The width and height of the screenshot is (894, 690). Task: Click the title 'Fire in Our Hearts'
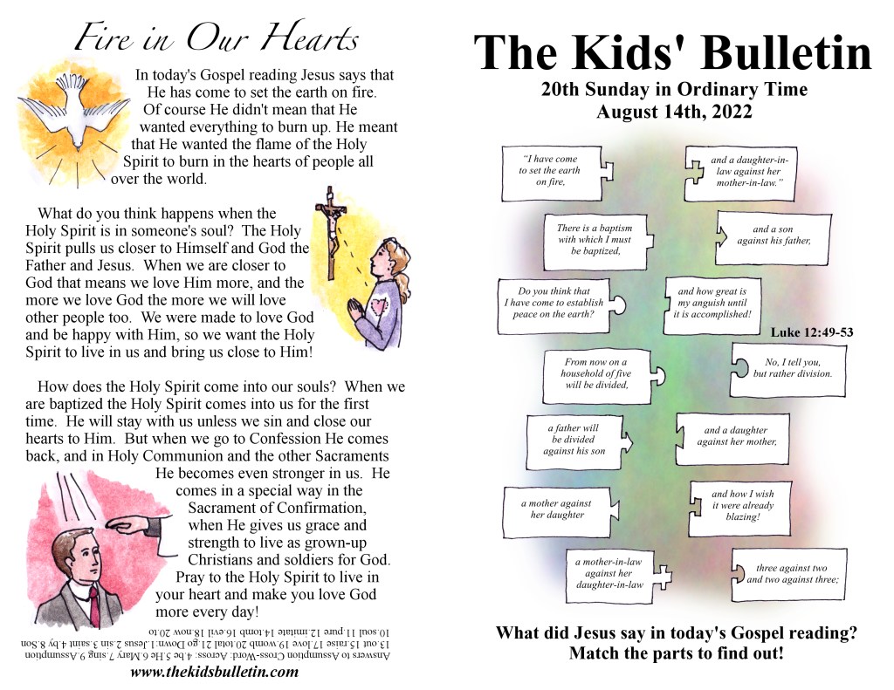point(217,38)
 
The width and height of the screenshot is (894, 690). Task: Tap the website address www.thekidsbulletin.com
point(214,672)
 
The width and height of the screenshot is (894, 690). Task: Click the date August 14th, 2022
point(673,113)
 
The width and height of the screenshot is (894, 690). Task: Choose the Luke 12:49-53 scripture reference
point(811,331)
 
